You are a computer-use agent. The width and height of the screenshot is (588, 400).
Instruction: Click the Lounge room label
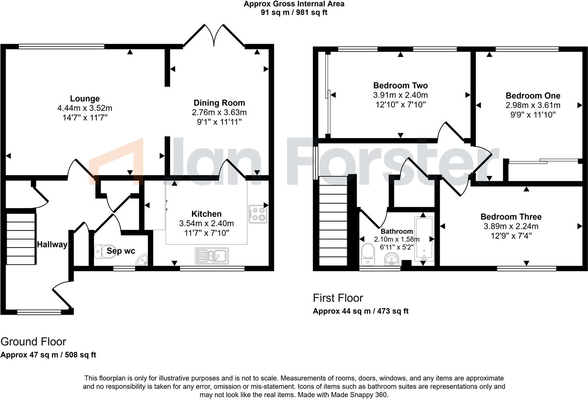click(x=85, y=99)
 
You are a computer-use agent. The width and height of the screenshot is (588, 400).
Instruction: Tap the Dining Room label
click(x=219, y=103)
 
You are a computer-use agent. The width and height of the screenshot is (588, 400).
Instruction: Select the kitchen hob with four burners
click(x=258, y=214)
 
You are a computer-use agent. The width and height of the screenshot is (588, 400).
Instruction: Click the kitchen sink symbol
click(x=212, y=256)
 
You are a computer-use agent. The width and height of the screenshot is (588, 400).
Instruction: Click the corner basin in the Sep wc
click(x=142, y=261)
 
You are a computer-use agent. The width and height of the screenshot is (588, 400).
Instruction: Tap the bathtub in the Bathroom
click(x=424, y=239)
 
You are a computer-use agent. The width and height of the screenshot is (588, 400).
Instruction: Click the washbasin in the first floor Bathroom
click(x=391, y=260)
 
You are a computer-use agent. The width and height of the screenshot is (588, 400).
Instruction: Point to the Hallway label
click(x=52, y=244)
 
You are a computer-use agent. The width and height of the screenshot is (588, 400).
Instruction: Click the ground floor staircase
click(x=21, y=238)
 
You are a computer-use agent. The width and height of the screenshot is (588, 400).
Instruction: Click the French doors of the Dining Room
click(x=214, y=35)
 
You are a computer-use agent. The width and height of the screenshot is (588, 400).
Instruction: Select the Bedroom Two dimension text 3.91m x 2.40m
click(x=400, y=95)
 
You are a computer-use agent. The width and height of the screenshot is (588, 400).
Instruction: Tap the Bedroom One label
click(x=532, y=96)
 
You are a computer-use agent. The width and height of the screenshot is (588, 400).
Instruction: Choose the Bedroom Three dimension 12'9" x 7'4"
click(x=511, y=236)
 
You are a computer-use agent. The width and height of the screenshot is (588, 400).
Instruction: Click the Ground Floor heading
click(x=33, y=342)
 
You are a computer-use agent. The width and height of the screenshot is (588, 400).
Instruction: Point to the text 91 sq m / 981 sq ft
click(x=294, y=12)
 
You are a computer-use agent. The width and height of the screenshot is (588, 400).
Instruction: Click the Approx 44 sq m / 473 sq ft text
click(x=360, y=311)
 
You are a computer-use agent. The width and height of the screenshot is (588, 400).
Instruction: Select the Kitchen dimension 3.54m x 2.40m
click(x=207, y=224)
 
